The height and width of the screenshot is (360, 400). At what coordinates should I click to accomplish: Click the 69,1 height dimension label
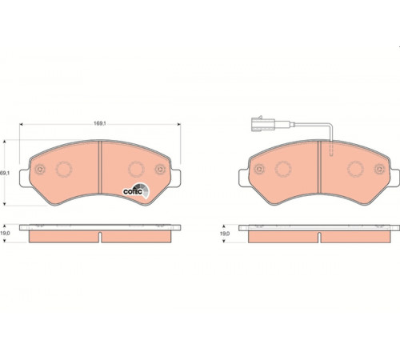tap(5, 173)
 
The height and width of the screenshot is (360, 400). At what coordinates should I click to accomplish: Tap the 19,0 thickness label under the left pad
tap(5, 233)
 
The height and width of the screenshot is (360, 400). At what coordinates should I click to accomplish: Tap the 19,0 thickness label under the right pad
tap(225, 234)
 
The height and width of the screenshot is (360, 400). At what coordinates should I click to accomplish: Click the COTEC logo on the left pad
tap(136, 190)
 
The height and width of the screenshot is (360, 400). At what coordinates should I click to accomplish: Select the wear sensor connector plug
tap(262, 124)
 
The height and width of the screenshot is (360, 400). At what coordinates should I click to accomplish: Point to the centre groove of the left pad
tap(100, 167)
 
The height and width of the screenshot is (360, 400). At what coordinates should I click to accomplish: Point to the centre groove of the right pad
tap(319, 167)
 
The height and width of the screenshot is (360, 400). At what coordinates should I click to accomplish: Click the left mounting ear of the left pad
tap(25, 178)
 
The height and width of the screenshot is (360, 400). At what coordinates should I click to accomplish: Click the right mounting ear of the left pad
tap(175, 178)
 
